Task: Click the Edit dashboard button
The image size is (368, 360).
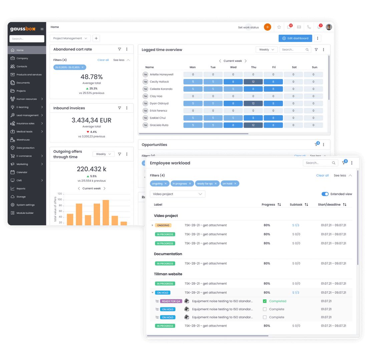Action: [295, 38]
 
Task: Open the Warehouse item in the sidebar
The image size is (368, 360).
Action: [23, 140]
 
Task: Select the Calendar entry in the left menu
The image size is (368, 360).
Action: [22, 172]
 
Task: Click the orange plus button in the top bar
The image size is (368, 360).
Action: [267, 27]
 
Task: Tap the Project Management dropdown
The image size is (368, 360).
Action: [70, 38]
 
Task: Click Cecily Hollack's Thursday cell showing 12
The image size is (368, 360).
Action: [253, 82]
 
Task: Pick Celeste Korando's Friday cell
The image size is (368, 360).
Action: [273, 89]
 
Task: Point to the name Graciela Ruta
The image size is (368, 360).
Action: [159, 125]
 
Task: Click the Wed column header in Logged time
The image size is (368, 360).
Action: [233, 67]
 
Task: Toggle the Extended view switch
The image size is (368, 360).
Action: [325, 194]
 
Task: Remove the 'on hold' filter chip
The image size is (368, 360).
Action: [235, 184]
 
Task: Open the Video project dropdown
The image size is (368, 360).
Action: [177, 194]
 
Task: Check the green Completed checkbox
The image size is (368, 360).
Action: [265, 301]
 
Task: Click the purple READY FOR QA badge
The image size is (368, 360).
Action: [171, 301]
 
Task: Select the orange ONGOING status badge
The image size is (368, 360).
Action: [163, 225]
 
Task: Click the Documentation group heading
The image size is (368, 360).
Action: [168, 254]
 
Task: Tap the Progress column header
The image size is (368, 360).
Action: [268, 205]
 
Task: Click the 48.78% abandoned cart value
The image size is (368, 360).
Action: [91, 77]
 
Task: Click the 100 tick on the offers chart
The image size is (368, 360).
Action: [60, 199]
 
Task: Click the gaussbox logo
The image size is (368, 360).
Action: [22, 29]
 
